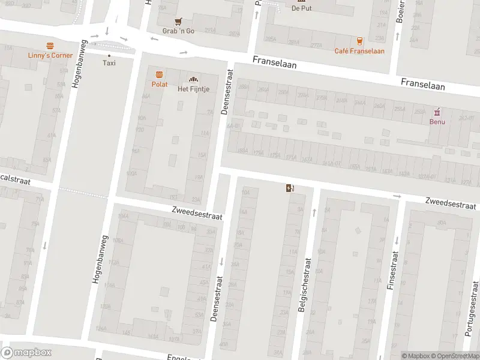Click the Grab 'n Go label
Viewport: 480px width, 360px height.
(x=179, y=31)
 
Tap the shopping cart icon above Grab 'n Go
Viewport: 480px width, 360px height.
(x=179, y=21)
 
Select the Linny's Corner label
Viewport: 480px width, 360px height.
(x=50, y=55)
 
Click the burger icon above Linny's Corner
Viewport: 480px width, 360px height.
(x=50, y=46)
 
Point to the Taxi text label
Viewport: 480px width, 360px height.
(x=109, y=63)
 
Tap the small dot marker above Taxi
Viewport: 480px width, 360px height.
(x=109, y=55)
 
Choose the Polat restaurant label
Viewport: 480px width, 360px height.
(x=159, y=85)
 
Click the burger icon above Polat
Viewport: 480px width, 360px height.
(x=159, y=74)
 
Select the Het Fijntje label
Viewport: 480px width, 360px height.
(x=193, y=89)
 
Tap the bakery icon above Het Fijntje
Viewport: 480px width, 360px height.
(x=193, y=79)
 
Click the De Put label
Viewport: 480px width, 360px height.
(x=302, y=8)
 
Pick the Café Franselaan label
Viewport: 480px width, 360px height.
(x=359, y=51)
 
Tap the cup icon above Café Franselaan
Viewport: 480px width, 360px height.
(x=359, y=41)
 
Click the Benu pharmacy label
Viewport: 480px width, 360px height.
(x=437, y=121)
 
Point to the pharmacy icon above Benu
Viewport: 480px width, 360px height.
(x=437, y=111)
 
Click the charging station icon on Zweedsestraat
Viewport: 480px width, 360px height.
(x=290, y=188)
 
